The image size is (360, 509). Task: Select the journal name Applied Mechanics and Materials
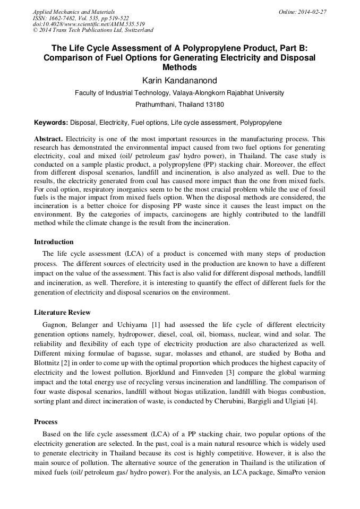coord(74,12)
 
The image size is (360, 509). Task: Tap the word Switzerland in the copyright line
coord(135,30)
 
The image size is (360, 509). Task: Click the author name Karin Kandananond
coord(179,80)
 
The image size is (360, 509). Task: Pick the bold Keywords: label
coord(51,123)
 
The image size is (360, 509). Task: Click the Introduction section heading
coord(54,242)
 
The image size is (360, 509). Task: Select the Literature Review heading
coord(62,313)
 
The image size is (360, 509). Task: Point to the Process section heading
coord(46,422)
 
